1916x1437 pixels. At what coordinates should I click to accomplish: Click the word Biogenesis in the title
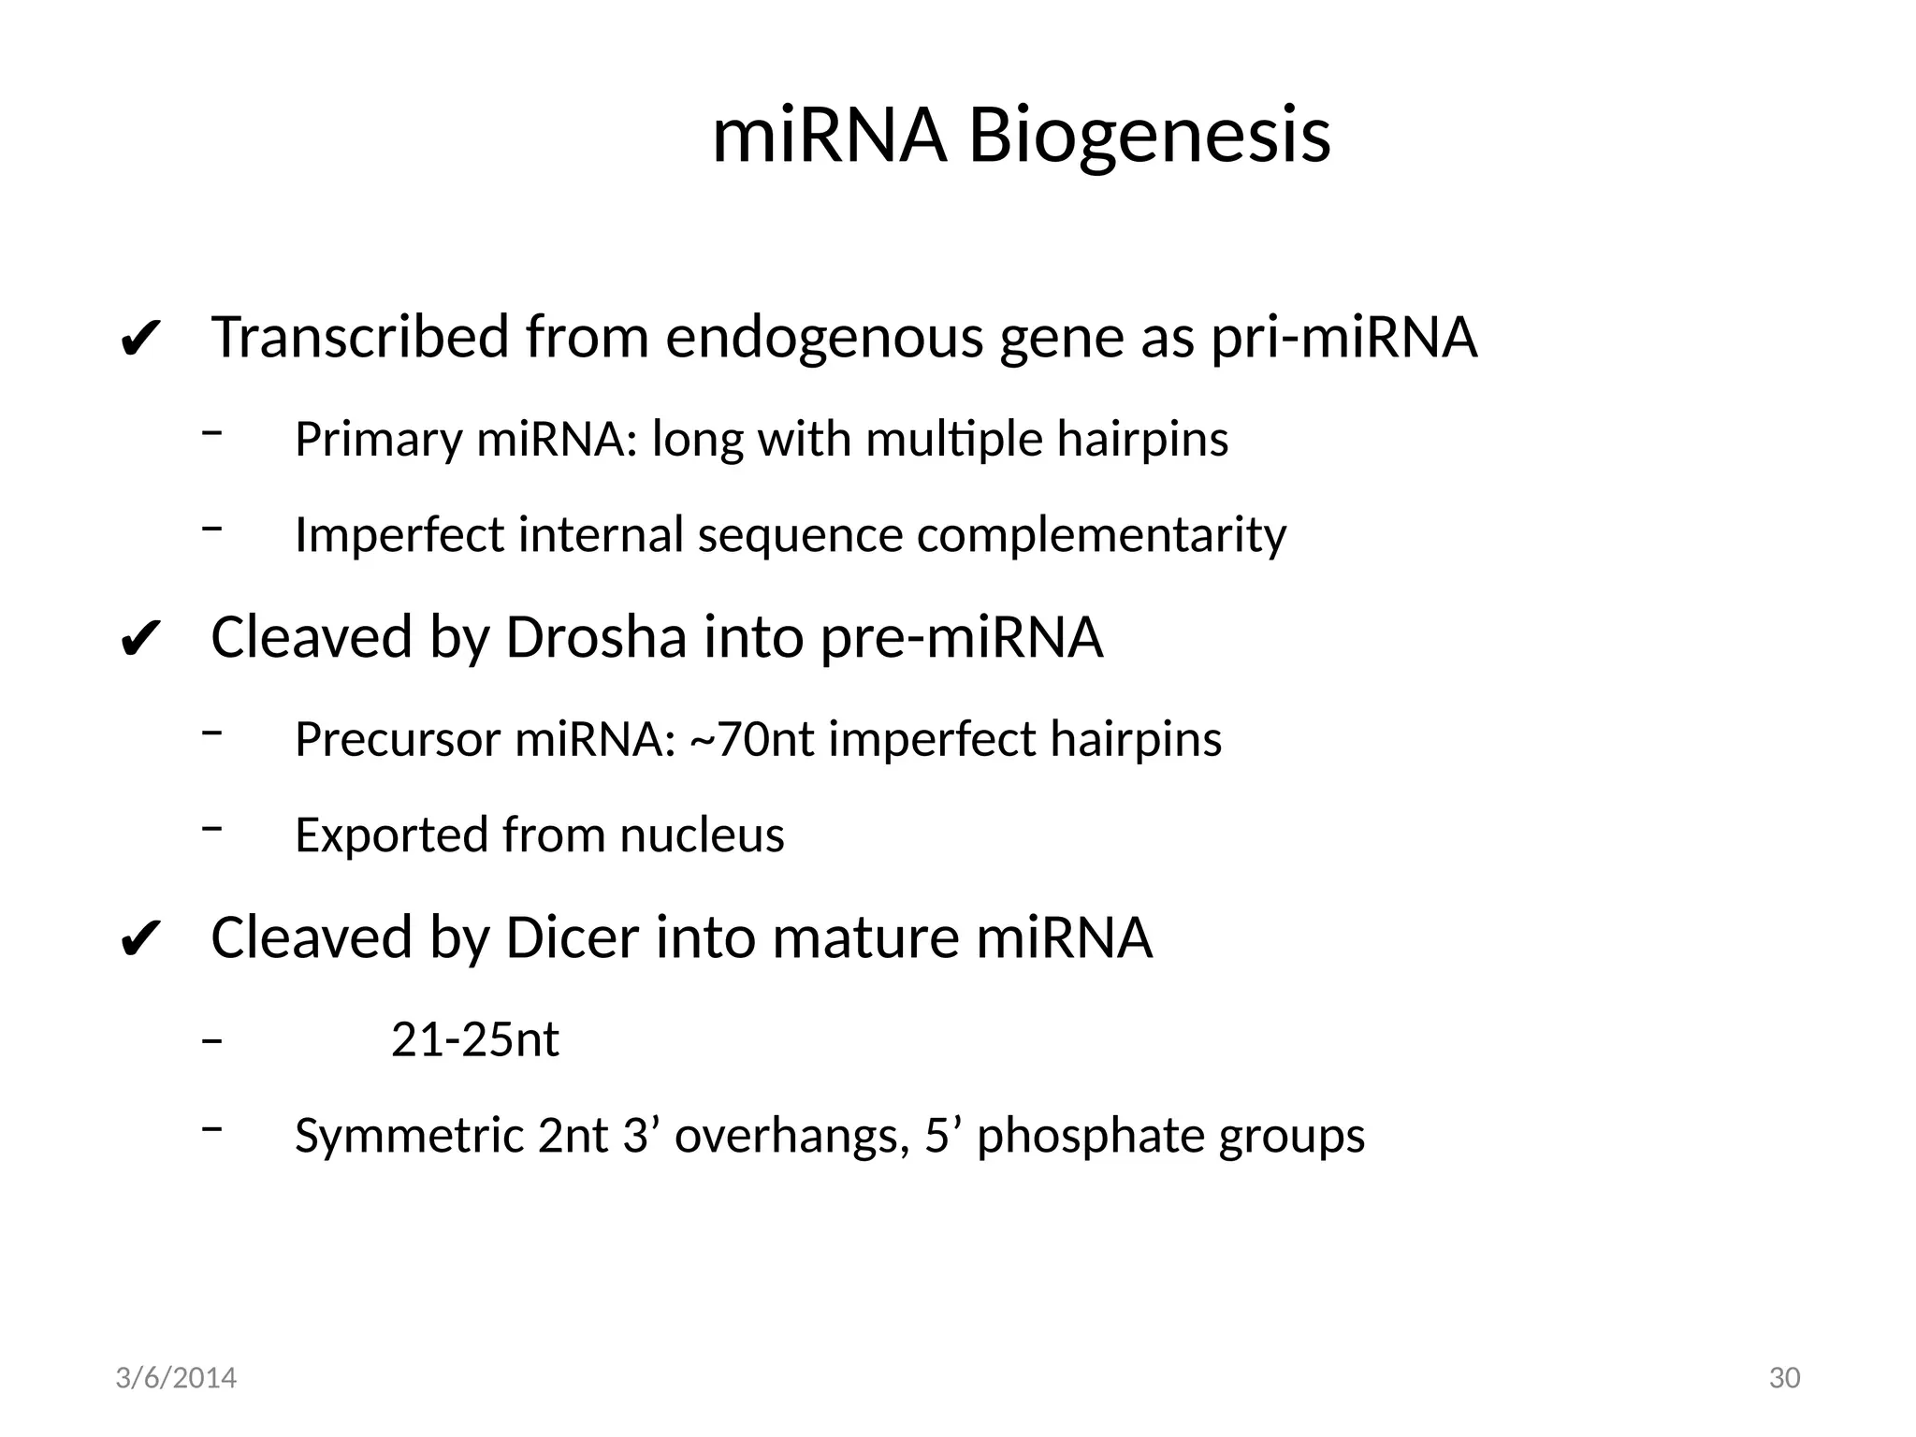pyautogui.click(x=1148, y=137)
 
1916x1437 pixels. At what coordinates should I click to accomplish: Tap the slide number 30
pyautogui.click(x=1784, y=1378)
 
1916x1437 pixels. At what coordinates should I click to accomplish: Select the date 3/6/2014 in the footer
pyautogui.click(x=176, y=1378)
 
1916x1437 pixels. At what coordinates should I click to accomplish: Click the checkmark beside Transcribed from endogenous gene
pyautogui.click(x=141, y=341)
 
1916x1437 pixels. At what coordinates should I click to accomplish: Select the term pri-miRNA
pyautogui.click(x=1344, y=338)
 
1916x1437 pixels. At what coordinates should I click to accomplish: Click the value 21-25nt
pyautogui.click(x=474, y=1039)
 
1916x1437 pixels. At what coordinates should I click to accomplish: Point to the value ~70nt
pyautogui.click(x=752, y=739)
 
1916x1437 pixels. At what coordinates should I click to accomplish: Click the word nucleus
pyautogui.click(x=702, y=835)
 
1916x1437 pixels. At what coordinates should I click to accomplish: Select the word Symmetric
pyautogui.click(x=409, y=1136)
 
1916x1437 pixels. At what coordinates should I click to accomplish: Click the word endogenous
pyautogui.click(x=824, y=338)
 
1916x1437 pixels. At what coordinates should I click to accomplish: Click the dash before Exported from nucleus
pyautogui.click(x=212, y=827)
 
